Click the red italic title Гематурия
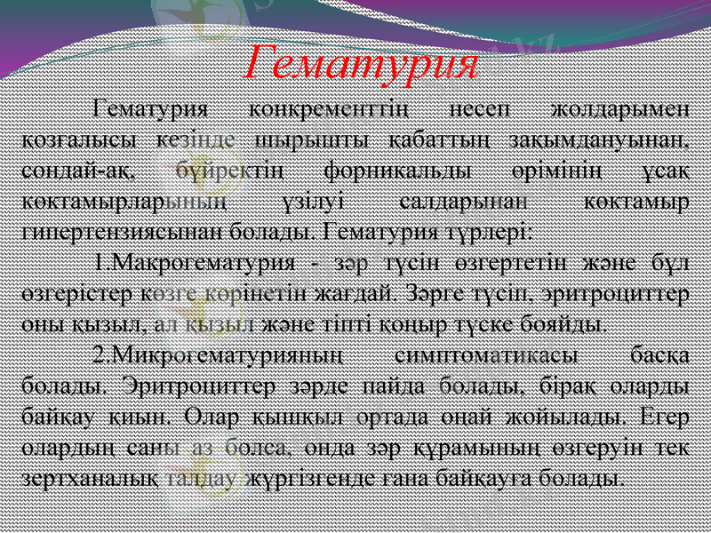pyautogui.click(x=363, y=61)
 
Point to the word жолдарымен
pyautogui.click(x=620, y=112)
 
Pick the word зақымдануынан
pyautogui.click(x=614, y=140)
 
